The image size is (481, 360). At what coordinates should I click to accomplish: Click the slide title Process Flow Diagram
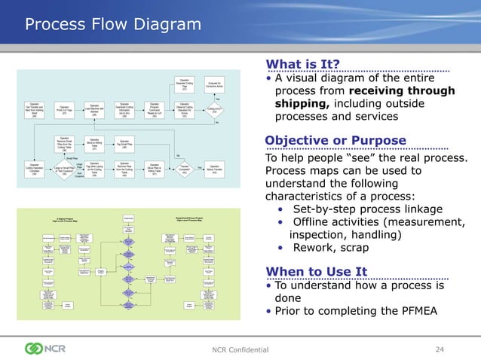point(114,26)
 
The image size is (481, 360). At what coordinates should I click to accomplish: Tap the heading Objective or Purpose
point(335,141)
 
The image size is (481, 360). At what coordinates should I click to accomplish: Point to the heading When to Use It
point(316,271)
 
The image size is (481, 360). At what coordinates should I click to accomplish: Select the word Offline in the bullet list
point(315,221)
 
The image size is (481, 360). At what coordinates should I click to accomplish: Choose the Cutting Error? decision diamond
point(213,109)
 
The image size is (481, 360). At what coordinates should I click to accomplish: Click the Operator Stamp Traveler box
point(215,168)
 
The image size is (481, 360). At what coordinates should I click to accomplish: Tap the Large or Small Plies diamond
point(63,170)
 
